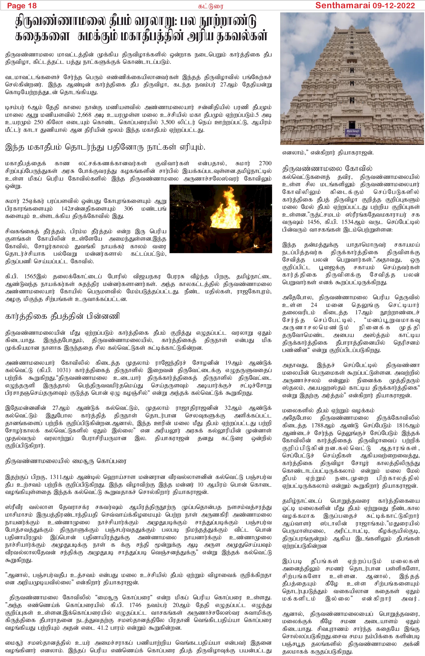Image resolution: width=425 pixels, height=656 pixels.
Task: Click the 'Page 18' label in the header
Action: click(x=22, y=6)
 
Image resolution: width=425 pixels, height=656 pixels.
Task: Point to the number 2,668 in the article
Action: click(x=84, y=115)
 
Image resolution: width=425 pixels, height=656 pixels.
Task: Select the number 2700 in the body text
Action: click(x=265, y=163)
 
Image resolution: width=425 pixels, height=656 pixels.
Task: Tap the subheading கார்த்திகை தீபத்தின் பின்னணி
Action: click(x=62, y=316)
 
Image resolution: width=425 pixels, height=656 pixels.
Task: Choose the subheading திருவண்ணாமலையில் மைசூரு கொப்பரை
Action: click(x=66, y=461)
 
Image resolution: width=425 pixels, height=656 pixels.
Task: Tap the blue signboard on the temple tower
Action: click(x=352, y=132)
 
